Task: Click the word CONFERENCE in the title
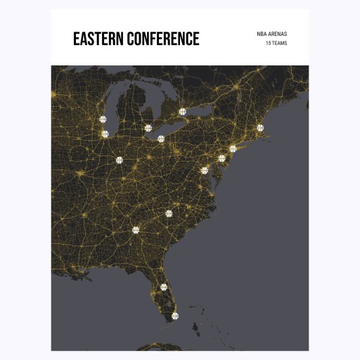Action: click(x=162, y=39)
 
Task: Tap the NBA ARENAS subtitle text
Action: click(x=272, y=34)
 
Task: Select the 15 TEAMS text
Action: click(x=276, y=44)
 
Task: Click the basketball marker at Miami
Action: click(x=175, y=316)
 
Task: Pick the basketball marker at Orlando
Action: click(x=164, y=287)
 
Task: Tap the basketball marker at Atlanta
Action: click(x=136, y=229)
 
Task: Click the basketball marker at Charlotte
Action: click(x=169, y=213)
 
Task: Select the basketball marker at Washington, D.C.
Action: click(x=205, y=170)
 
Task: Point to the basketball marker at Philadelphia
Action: click(x=221, y=158)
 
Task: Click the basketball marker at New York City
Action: click(x=233, y=148)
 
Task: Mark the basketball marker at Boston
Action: click(x=260, y=127)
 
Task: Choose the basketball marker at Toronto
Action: click(x=182, y=111)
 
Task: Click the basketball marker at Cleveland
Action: click(x=161, y=139)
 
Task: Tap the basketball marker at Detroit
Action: click(x=148, y=128)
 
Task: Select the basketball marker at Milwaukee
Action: click(x=103, y=120)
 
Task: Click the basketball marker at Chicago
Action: click(x=105, y=134)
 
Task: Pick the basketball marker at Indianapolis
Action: click(x=120, y=160)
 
